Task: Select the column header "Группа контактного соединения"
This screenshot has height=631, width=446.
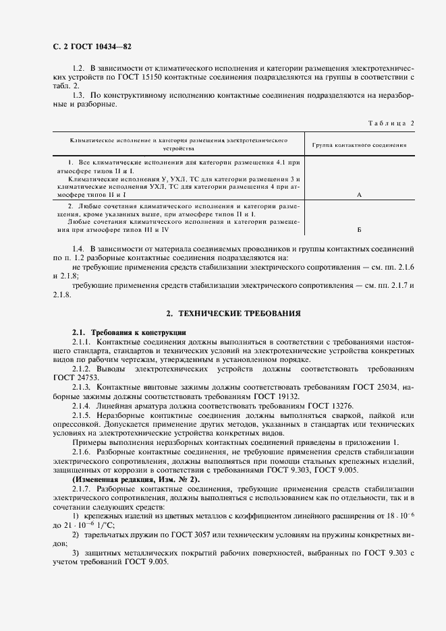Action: click(x=359, y=145)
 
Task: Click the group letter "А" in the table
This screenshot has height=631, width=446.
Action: click(x=359, y=194)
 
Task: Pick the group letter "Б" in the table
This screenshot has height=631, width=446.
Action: click(x=359, y=229)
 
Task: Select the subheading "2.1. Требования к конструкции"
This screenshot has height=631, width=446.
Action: click(x=124, y=333)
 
